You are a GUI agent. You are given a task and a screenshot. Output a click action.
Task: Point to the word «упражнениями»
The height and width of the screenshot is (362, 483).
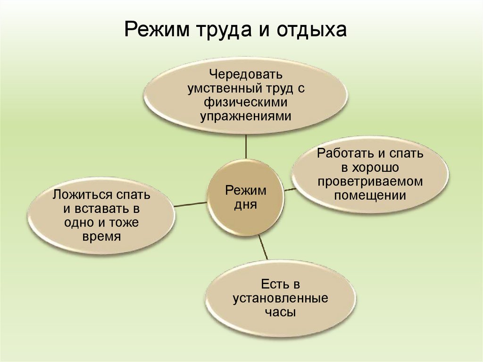[x=246, y=116]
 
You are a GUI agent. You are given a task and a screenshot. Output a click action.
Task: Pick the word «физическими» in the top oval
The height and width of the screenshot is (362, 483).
[x=246, y=102]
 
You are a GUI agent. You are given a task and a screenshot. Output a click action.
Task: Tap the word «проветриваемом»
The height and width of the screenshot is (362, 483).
[x=370, y=182]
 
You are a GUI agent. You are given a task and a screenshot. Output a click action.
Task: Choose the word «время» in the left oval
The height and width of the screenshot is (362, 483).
[x=101, y=236]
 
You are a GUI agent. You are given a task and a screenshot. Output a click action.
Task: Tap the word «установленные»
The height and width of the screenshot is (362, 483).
[x=280, y=298]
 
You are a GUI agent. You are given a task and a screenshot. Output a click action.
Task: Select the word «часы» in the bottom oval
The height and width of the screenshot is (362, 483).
[x=280, y=312]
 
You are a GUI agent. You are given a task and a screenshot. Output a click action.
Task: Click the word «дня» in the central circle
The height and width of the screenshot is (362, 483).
[x=245, y=205]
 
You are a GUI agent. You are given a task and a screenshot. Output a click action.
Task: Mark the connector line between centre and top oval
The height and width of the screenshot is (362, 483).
[x=246, y=146]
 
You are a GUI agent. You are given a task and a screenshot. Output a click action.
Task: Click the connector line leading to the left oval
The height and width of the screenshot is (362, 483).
[x=191, y=204]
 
